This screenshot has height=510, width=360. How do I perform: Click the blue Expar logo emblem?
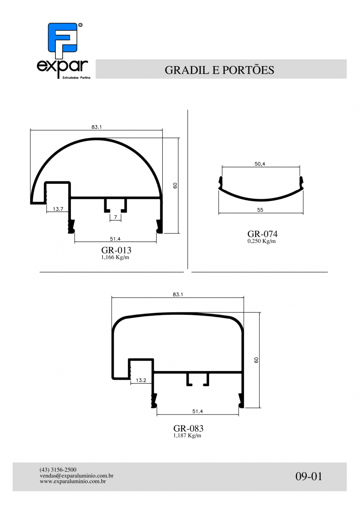tap(63, 40)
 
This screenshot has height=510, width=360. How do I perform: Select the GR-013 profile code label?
tap(116, 250)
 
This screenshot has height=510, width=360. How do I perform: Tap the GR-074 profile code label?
tap(263, 234)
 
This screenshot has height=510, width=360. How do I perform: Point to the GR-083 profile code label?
tap(188, 428)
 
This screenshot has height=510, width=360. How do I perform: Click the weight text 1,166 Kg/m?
tap(115, 257)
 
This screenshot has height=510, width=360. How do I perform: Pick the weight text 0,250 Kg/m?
tap(261, 241)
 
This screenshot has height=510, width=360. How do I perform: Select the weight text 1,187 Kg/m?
tap(187, 436)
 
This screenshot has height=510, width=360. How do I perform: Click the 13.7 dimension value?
tap(58, 209)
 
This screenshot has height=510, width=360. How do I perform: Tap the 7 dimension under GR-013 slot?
tap(116, 217)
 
